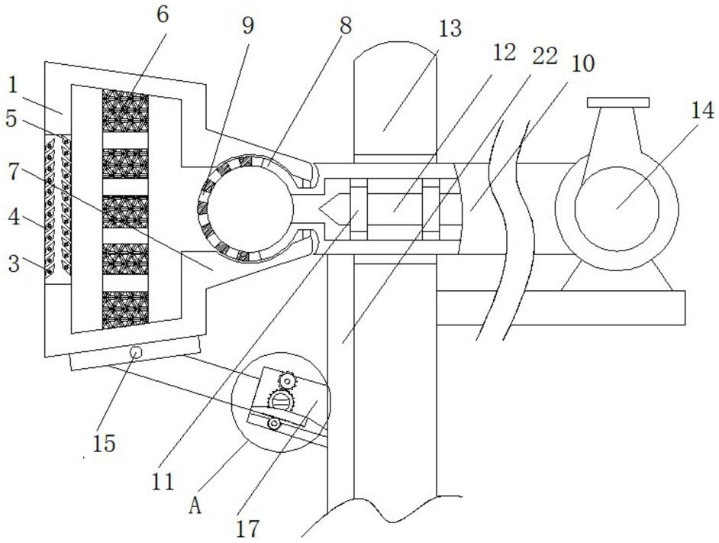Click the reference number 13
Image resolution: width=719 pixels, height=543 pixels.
pos(450,29)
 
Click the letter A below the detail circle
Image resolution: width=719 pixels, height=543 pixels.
pos(195,505)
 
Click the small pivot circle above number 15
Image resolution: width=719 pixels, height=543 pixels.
pos(136,352)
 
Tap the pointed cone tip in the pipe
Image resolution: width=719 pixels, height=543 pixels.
pos(330,208)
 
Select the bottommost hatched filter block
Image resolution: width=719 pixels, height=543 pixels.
pos(125,309)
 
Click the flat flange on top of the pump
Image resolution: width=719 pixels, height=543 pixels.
pos(617,102)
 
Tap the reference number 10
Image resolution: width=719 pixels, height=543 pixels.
pos(582,63)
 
